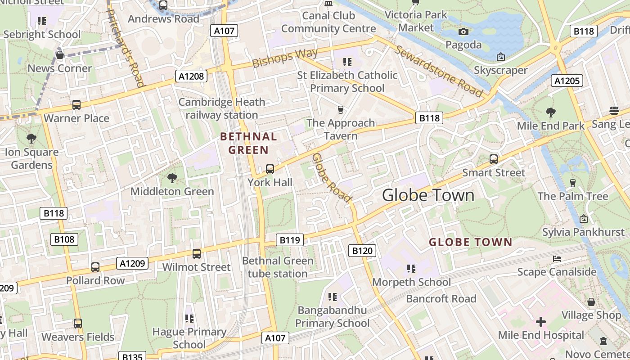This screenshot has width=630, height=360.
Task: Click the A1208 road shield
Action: pyautogui.click(x=191, y=76)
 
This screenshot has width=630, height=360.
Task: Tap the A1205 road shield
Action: pyautogui.click(x=567, y=81)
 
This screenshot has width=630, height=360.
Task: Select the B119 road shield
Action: pyautogui.click(x=290, y=240)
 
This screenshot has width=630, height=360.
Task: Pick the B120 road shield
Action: pyautogui.click(x=362, y=251)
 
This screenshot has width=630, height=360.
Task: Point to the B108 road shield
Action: pyautogui.click(x=64, y=239)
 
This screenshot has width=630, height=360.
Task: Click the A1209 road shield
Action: pyautogui.click(x=132, y=263)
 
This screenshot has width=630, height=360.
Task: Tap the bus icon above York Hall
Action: pyautogui.click(x=270, y=169)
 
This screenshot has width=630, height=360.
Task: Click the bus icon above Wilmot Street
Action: pyautogui.click(x=197, y=254)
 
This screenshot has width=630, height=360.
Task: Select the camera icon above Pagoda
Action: pyautogui.click(x=463, y=31)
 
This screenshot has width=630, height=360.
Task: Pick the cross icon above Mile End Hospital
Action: pyautogui.click(x=541, y=322)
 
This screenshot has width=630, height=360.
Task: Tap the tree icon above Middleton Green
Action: pyautogui.click(x=172, y=178)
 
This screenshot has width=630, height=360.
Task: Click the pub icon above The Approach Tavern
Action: pyautogui.click(x=341, y=109)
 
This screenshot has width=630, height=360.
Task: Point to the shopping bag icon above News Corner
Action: pyautogui.click(x=59, y=55)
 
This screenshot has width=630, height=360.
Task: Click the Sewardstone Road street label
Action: pyautogui.click(x=439, y=71)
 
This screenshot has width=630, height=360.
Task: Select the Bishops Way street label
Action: pyautogui.click(x=285, y=58)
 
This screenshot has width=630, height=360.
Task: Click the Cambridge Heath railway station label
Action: pyautogui.click(x=222, y=108)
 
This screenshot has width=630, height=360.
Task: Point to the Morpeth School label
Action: pyautogui.click(x=412, y=282)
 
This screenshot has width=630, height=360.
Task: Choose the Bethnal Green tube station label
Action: pyautogui.click(x=278, y=267)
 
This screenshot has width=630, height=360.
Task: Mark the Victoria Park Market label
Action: pyautogui.click(x=416, y=21)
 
